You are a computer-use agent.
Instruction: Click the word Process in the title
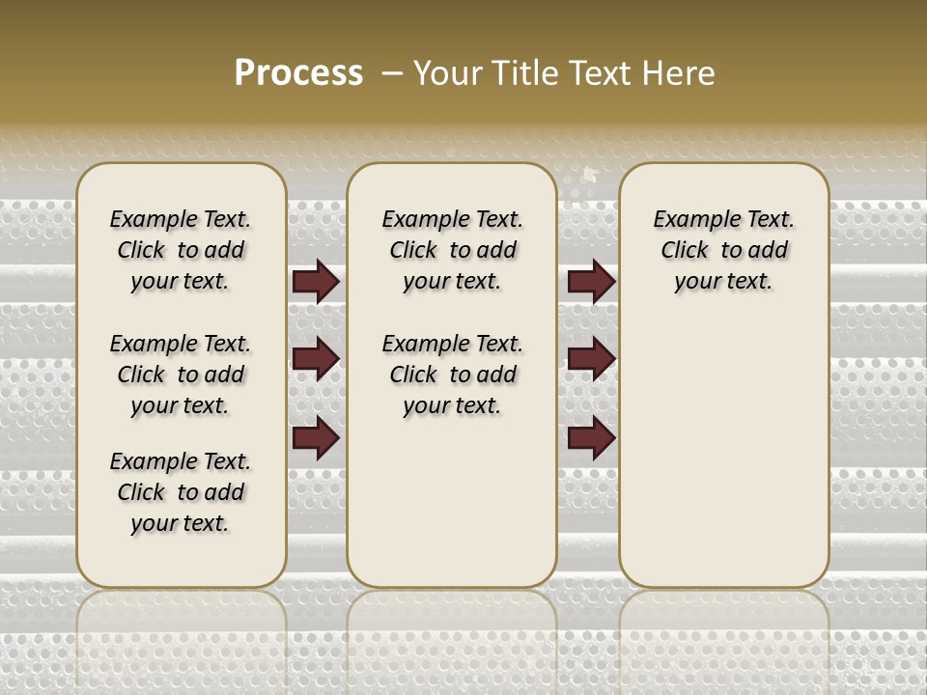(298, 73)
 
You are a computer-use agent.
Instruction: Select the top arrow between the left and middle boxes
(316, 281)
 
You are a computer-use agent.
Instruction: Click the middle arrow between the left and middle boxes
(316, 359)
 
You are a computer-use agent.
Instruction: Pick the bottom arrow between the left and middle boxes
(316, 438)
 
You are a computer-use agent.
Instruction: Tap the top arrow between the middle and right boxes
(591, 281)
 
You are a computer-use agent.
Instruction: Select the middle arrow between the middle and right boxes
(591, 359)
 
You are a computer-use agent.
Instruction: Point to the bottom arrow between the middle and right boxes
(591, 438)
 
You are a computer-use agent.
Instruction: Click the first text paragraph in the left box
(181, 250)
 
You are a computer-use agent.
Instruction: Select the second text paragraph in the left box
(181, 375)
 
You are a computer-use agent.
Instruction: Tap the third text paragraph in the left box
(181, 492)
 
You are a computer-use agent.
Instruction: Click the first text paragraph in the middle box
(452, 250)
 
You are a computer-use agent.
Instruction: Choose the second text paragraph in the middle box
(452, 375)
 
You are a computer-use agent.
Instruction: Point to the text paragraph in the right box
(723, 250)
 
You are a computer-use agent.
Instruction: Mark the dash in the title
(391, 73)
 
